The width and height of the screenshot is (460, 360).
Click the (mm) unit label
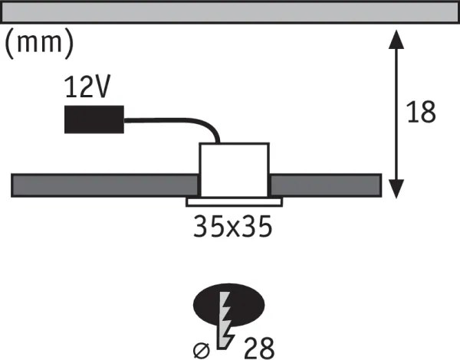[39, 44]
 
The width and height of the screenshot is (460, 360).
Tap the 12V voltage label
[87, 87]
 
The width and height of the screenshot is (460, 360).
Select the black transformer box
[94, 119]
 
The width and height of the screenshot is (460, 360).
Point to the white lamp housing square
[234, 170]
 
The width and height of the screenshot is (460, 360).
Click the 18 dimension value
[421, 112]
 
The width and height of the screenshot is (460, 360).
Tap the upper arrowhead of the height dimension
[396, 39]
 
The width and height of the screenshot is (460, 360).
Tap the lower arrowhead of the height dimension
[396, 189]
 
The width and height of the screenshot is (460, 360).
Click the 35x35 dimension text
[233, 226]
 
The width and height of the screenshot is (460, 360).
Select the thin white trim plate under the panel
[234, 202]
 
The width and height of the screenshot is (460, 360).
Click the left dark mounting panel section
[105, 185]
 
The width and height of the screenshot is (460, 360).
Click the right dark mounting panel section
[325, 185]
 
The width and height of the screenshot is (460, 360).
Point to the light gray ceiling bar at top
[230, 12]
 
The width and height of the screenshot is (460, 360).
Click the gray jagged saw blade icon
[225, 320]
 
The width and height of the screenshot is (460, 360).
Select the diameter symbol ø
[202, 350]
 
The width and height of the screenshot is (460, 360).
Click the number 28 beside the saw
[259, 348]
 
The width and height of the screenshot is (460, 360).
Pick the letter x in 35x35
[233, 229]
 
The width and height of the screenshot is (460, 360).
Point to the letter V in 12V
[100, 87]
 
